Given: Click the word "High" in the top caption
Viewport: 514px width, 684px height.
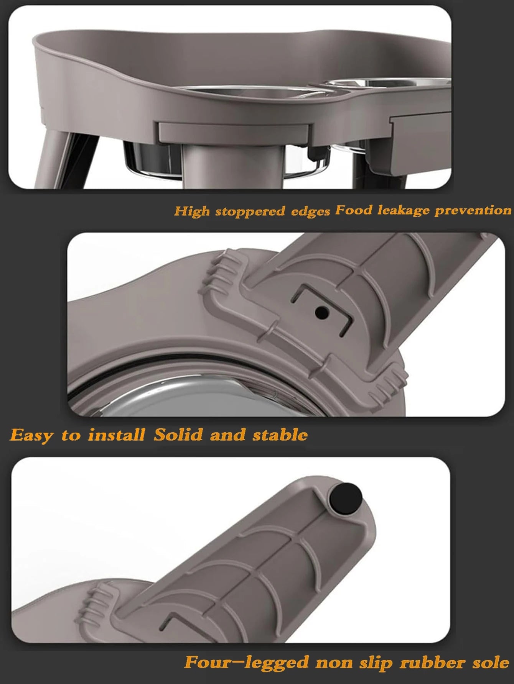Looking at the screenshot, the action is [x=192, y=211].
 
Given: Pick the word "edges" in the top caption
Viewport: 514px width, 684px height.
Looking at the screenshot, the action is [x=310, y=211].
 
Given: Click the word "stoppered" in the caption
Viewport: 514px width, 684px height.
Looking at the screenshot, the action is [x=250, y=212].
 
